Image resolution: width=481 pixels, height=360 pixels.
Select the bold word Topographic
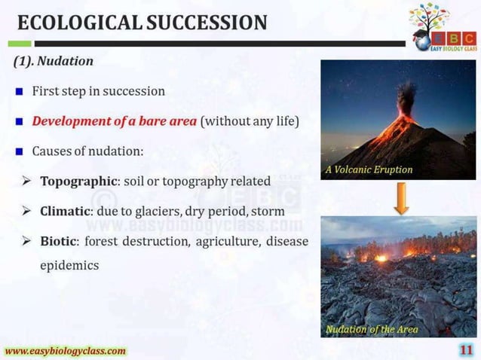(x=75, y=182)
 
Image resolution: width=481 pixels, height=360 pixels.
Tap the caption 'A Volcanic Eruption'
(x=369, y=169)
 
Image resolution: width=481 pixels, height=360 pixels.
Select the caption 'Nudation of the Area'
(x=372, y=329)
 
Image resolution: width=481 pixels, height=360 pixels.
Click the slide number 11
(x=466, y=349)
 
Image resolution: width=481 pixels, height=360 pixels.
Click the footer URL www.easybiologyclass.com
(x=66, y=351)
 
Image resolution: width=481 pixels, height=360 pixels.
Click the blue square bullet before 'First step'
(x=19, y=92)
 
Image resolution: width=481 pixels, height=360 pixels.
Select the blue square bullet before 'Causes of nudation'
(x=19, y=151)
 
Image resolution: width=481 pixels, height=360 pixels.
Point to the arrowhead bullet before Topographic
(x=26, y=182)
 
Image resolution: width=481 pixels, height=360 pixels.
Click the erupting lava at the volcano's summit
(x=408, y=117)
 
